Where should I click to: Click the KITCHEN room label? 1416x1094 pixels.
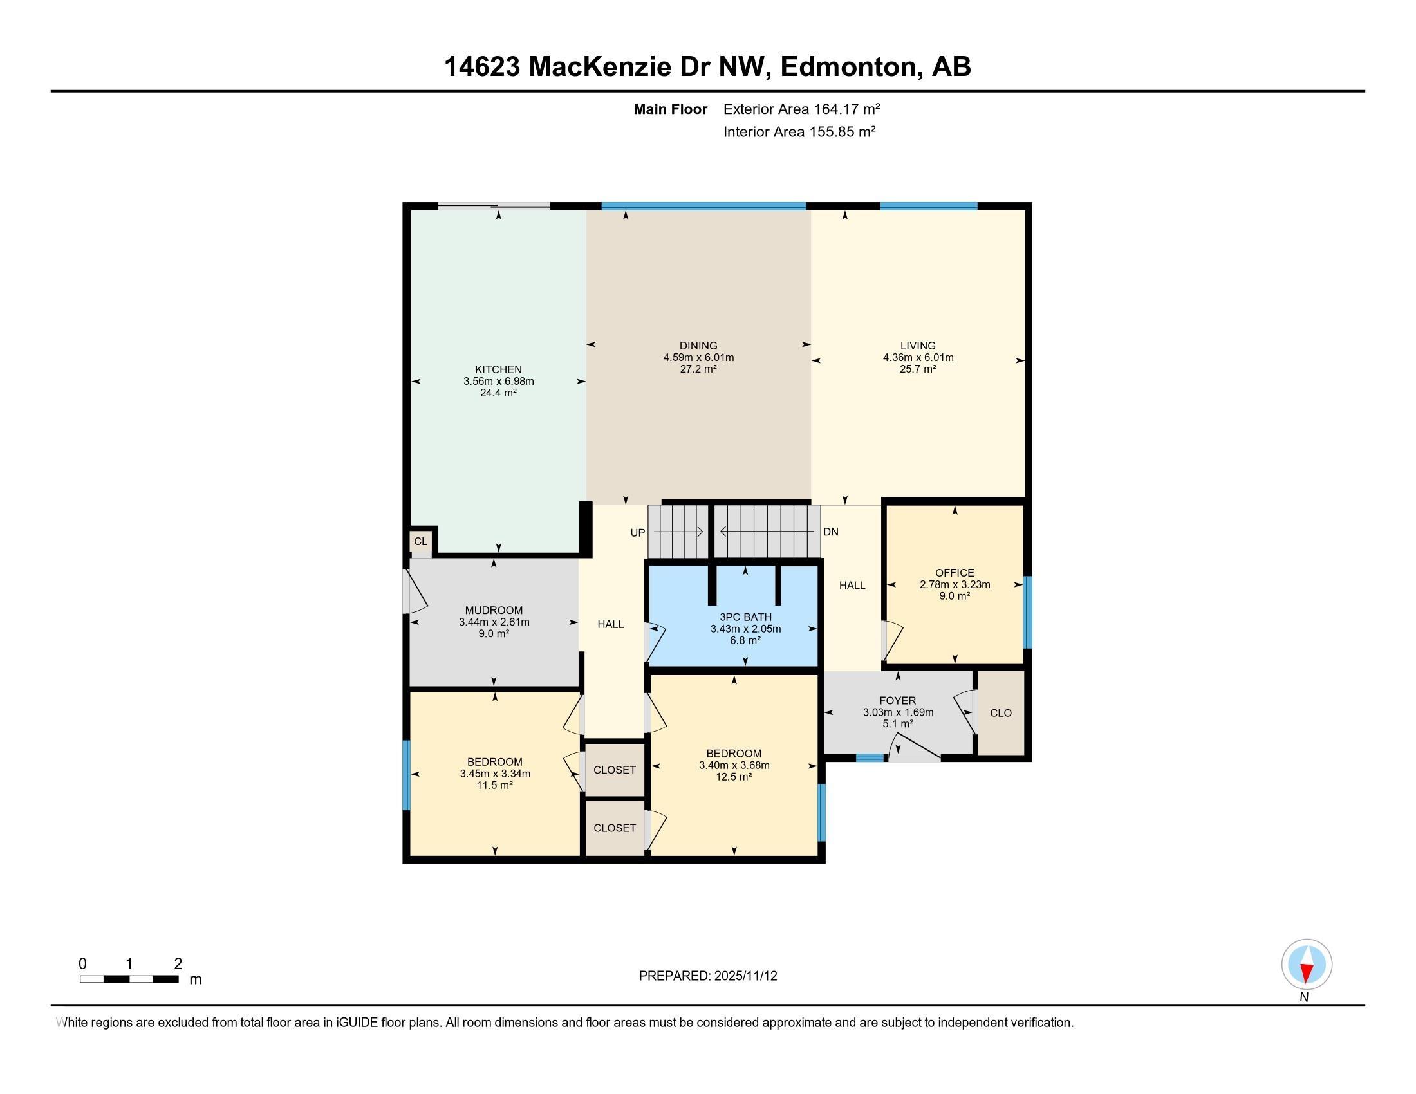click(498, 369)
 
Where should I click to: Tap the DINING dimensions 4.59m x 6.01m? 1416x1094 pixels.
click(698, 357)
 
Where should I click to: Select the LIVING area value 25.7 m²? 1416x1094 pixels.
click(918, 369)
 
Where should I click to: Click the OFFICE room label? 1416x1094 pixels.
click(955, 573)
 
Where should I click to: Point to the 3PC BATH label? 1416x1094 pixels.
click(745, 617)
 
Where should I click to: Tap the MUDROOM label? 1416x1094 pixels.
click(494, 611)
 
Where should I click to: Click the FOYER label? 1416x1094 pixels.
click(898, 701)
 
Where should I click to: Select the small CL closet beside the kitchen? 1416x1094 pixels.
click(421, 541)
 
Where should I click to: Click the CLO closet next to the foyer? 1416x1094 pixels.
click(1000, 713)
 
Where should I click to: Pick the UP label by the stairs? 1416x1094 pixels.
click(638, 533)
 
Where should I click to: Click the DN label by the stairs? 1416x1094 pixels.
click(830, 532)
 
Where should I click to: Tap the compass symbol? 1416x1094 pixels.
click(1307, 965)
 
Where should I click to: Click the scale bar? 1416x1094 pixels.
click(129, 979)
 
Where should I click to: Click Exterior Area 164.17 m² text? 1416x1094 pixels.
click(801, 109)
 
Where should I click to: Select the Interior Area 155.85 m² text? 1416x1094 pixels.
click(799, 132)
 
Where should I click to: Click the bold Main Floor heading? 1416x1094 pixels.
click(671, 109)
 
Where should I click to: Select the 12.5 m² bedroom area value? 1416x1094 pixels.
click(734, 777)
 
